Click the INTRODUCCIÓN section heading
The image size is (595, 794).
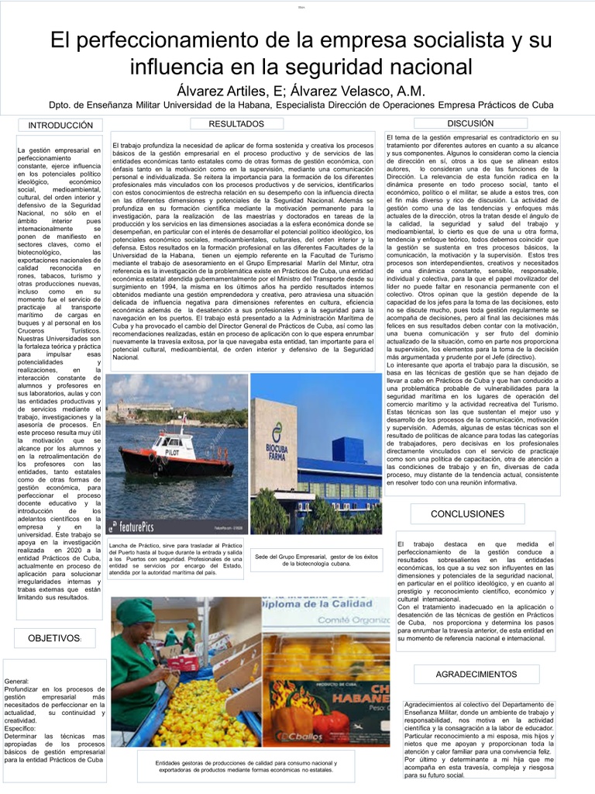[60, 126]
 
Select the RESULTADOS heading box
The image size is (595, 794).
[237, 124]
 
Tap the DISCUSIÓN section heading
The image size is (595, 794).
[470, 123]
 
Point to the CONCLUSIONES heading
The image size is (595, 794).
[467, 514]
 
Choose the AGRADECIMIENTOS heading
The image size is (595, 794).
[476, 675]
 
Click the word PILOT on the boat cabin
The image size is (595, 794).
[165, 451]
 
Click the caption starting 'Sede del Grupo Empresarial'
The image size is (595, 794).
[315, 560]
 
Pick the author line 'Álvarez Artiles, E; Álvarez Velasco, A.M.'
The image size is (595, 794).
[297, 91]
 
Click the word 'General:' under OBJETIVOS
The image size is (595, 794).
[17, 680]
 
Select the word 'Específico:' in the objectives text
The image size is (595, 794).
[20, 729]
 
